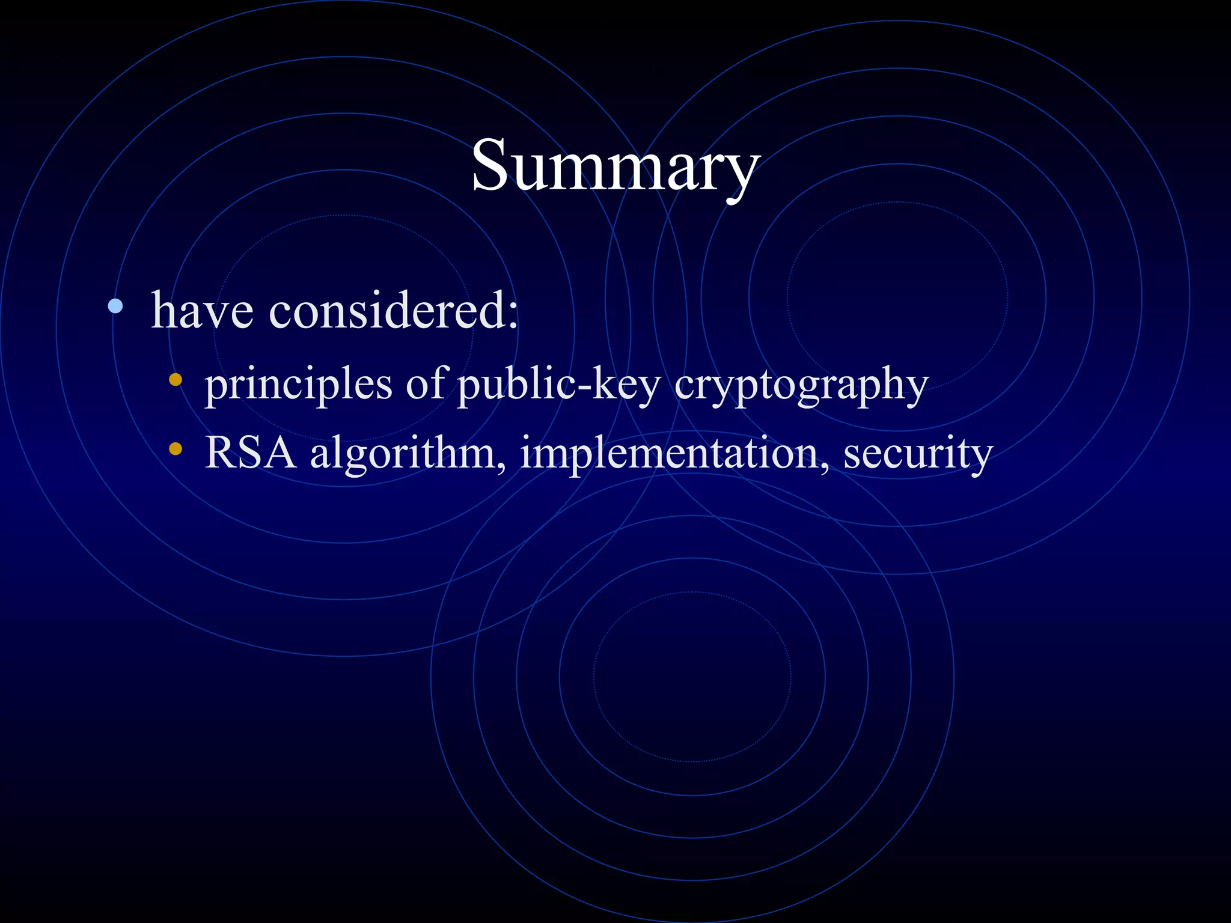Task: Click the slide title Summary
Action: click(x=615, y=166)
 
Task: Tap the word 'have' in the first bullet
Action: click(x=202, y=311)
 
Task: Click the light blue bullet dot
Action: click(x=115, y=306)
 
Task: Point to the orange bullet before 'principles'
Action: click(x=176, y=380)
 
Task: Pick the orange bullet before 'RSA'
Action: click(x=176, y=448)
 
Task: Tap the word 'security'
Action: click(x=917, y=454)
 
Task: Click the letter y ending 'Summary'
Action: click(x=741, y=174)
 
